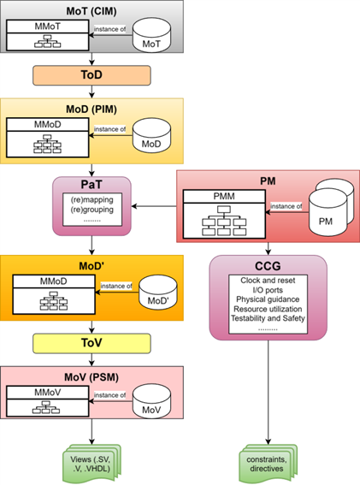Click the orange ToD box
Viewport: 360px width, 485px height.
[91, 75]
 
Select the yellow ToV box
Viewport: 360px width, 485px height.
[91, 343]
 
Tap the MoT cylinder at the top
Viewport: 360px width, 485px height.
[151, 36]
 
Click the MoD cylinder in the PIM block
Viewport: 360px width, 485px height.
[151, 135]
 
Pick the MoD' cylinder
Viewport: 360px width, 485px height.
[157, 293]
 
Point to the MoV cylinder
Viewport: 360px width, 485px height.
[151, 401]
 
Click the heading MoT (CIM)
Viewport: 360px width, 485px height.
[91, 11]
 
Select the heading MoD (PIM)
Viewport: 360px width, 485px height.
[91, 109]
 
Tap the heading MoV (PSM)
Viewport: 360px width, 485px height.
[91, 377]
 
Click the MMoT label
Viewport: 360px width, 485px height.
[48, 27]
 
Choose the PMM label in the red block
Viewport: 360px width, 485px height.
[224, 196]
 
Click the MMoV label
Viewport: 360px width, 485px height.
[48, 393]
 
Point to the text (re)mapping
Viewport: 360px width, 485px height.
[92, 199]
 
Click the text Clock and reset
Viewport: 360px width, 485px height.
[268, 281]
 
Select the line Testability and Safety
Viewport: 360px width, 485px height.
[268, 318]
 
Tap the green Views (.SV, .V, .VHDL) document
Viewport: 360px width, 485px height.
[91, 464]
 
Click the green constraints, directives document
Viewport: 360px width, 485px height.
[268, 464]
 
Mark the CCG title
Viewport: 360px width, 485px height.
[268, 266]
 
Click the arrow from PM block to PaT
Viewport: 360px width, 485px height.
[154, 206]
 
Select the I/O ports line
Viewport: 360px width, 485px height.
[268, 290]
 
